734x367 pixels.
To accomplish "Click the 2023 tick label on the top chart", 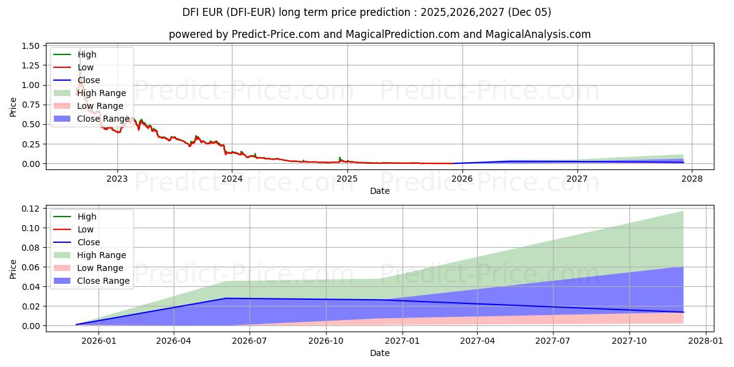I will point(117,179).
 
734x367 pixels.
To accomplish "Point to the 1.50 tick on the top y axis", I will point(30,46).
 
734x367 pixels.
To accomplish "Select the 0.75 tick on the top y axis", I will point(30,105).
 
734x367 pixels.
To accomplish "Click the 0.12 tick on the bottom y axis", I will point(30,209).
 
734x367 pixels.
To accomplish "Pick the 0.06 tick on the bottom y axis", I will point(30,267).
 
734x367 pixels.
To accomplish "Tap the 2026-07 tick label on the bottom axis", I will point(250,341).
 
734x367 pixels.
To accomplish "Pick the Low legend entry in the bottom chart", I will point(86,229).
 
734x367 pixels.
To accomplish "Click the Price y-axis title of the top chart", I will point(13,106).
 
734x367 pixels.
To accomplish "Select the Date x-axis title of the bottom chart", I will point(379,353).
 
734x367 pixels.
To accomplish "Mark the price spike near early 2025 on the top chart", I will point(339,158).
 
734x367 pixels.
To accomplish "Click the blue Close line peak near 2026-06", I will point(226,298).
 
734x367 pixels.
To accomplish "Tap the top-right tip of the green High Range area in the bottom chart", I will point(683,212).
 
